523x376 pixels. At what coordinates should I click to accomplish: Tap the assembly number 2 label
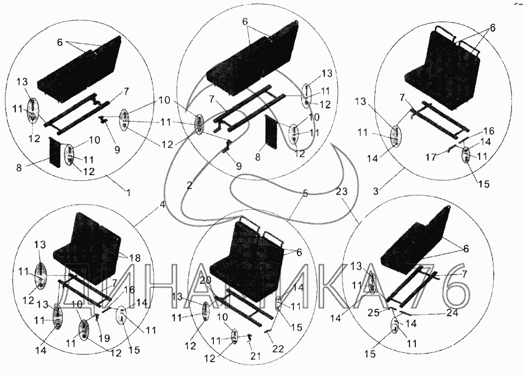tap(189, 185)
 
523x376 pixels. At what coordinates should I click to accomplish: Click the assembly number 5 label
tap(305, 193)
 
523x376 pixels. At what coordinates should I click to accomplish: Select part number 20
tap(205, 281)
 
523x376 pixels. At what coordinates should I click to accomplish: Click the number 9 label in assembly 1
tap(117, 150)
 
